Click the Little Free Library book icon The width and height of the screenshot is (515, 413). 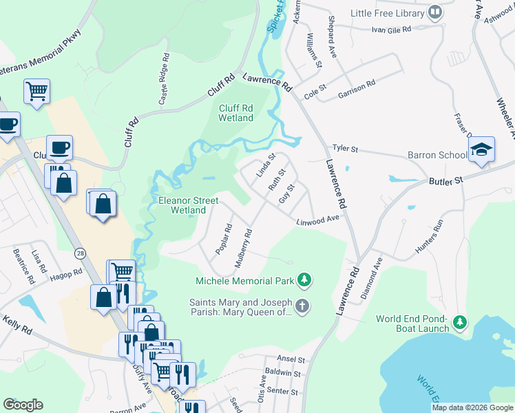434,12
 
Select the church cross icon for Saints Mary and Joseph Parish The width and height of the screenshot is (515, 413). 302,305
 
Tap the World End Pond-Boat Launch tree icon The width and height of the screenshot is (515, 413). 461,322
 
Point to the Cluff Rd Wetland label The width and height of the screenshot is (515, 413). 236,113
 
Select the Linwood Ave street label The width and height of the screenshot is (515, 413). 319,220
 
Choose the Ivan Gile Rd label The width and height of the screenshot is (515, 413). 390,30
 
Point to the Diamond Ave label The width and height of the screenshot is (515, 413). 377,275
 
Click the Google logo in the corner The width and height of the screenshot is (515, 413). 23,404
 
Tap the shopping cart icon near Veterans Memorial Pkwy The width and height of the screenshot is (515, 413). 36,91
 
